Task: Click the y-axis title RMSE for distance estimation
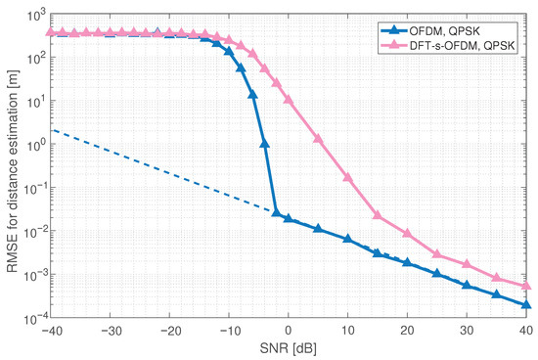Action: tap(12, 162)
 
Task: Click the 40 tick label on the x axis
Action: tap(527, 329)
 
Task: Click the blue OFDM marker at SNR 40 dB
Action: tap(526, 304)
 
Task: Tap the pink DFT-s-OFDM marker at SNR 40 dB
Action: tap(526, 286)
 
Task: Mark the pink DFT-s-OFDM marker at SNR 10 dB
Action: tap(348, 177)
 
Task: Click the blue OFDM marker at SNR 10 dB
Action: tap(348, 239)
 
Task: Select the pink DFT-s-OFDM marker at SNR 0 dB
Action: tap(289, 100)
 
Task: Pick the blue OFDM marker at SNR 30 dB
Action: tap(467, 286)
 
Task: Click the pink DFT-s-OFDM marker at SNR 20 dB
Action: tap(408, 234)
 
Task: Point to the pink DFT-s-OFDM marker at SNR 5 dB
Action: tap(318, 139)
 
